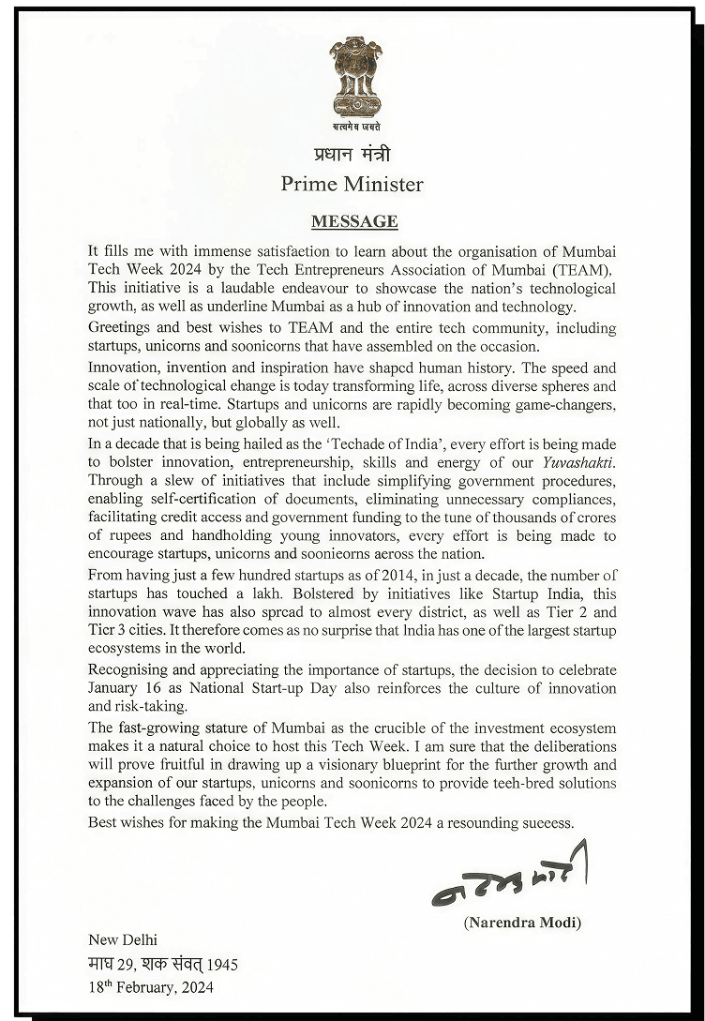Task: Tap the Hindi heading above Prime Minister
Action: pyautogui.click(x=352, y=154)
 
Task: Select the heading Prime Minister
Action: pyautogui.click(x=352, y=184)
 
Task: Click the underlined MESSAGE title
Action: pyautogui.click(x=354, y=222)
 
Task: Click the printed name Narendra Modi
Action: pyautogui.click(x=522, y=923)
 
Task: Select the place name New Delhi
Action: pyautogui.click(x=123, y=940)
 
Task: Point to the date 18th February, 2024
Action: pyautogui.click(x=150, y=987)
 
